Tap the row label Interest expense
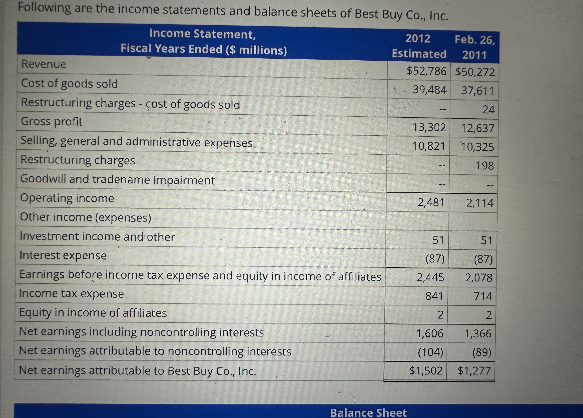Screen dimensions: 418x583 pos(63,255)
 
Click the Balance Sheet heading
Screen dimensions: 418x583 pos(368,413)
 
